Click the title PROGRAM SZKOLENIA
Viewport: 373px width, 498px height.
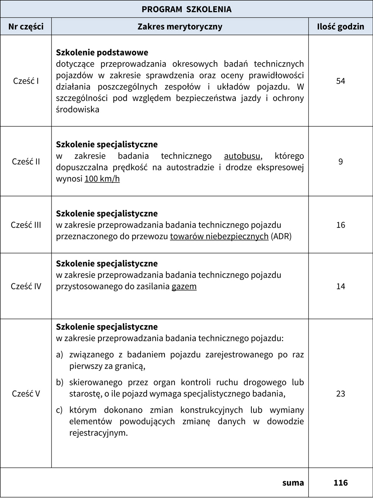pyautogui.click(x=186, y=9)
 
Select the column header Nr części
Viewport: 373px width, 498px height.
pyautogui.click(x=26, y=26)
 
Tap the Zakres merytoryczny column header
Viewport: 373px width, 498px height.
pyautogui.click(x=180, y=26)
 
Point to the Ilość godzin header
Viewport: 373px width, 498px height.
pyautogui.click(x=341, y=26)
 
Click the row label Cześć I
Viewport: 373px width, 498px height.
pyautogui.click(x=26, y=81)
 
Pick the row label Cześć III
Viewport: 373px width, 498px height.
pyautogui.click(x=26, y=225)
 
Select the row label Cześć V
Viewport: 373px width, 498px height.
pyautogui.click(x=26, y=394)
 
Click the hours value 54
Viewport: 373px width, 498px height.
pyautogui.click(x=341, y=81)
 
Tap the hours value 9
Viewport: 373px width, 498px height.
pyautogui.click(x=341, y=161)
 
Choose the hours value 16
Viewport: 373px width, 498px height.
pyautogui.click(x=341, y=225)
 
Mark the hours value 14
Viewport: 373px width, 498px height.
pyautogui.click(x=341, y=286)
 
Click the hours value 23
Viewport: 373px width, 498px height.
pyautogui.click(x=341, y=394)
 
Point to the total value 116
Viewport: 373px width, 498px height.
pyautogui.click(x=341, y=483)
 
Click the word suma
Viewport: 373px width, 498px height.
pyautogui.click(x=293, y=483)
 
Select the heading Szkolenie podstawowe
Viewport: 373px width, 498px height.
pyautogui.click(x=102, y=53)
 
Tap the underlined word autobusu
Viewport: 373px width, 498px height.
pyautogui.click(x=242, y=156)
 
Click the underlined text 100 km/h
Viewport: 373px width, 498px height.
pyautogui.click(x=102, y=179)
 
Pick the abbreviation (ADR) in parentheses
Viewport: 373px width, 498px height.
pyautogui.click(x=281, y=236)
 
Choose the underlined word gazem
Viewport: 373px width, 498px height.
pyautogui.click(x=184, y=287)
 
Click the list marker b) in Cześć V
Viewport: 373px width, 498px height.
pyautogui.click(x=60, y=382)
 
